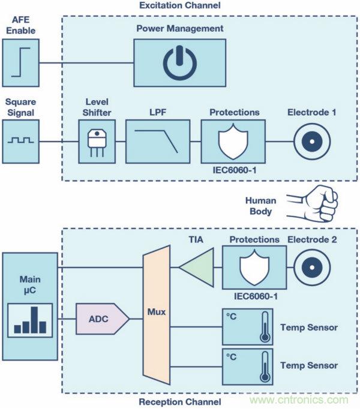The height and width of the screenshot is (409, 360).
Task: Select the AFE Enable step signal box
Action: pos(20,63)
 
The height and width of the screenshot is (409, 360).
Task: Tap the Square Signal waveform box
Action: pos(20,141)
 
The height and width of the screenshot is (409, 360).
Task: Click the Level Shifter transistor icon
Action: pos(96,142)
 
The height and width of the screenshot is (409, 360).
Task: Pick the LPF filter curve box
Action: pos(157,142)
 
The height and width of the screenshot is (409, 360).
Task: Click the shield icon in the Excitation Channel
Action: pos(233,142)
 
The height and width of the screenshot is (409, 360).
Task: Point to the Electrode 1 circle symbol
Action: pos(311,142)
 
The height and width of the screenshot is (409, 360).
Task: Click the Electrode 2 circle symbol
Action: pos(311,267)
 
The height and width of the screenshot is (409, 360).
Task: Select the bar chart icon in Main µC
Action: pos(29,320)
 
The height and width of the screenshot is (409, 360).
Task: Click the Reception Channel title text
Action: pos(179,402)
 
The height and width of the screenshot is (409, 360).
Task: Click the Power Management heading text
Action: pos(179,28)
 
